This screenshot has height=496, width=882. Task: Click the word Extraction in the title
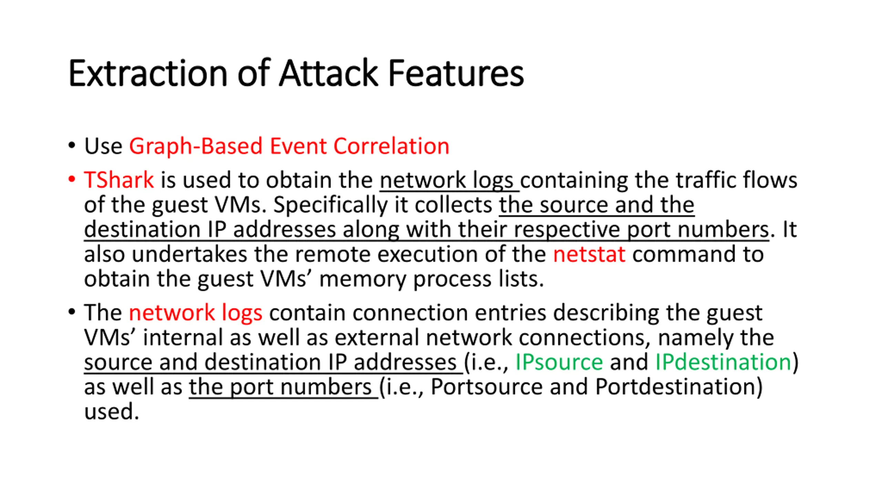pos(148,73)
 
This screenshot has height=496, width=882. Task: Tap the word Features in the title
pos(455,73)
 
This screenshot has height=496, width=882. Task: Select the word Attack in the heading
pos(328,73)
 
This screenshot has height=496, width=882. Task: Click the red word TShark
pos(119,180)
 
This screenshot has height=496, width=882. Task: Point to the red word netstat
pos(589,254)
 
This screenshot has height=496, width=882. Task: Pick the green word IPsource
pos(559,362)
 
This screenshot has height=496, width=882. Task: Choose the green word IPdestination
pos(723,362)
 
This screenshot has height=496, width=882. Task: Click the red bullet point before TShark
pos(72,179)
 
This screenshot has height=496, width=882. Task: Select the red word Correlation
pos(391,146)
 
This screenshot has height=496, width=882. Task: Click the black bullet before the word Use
pos(72,145)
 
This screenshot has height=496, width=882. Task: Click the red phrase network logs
pos(195,313)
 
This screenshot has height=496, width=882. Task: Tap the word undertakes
pos(189,254)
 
